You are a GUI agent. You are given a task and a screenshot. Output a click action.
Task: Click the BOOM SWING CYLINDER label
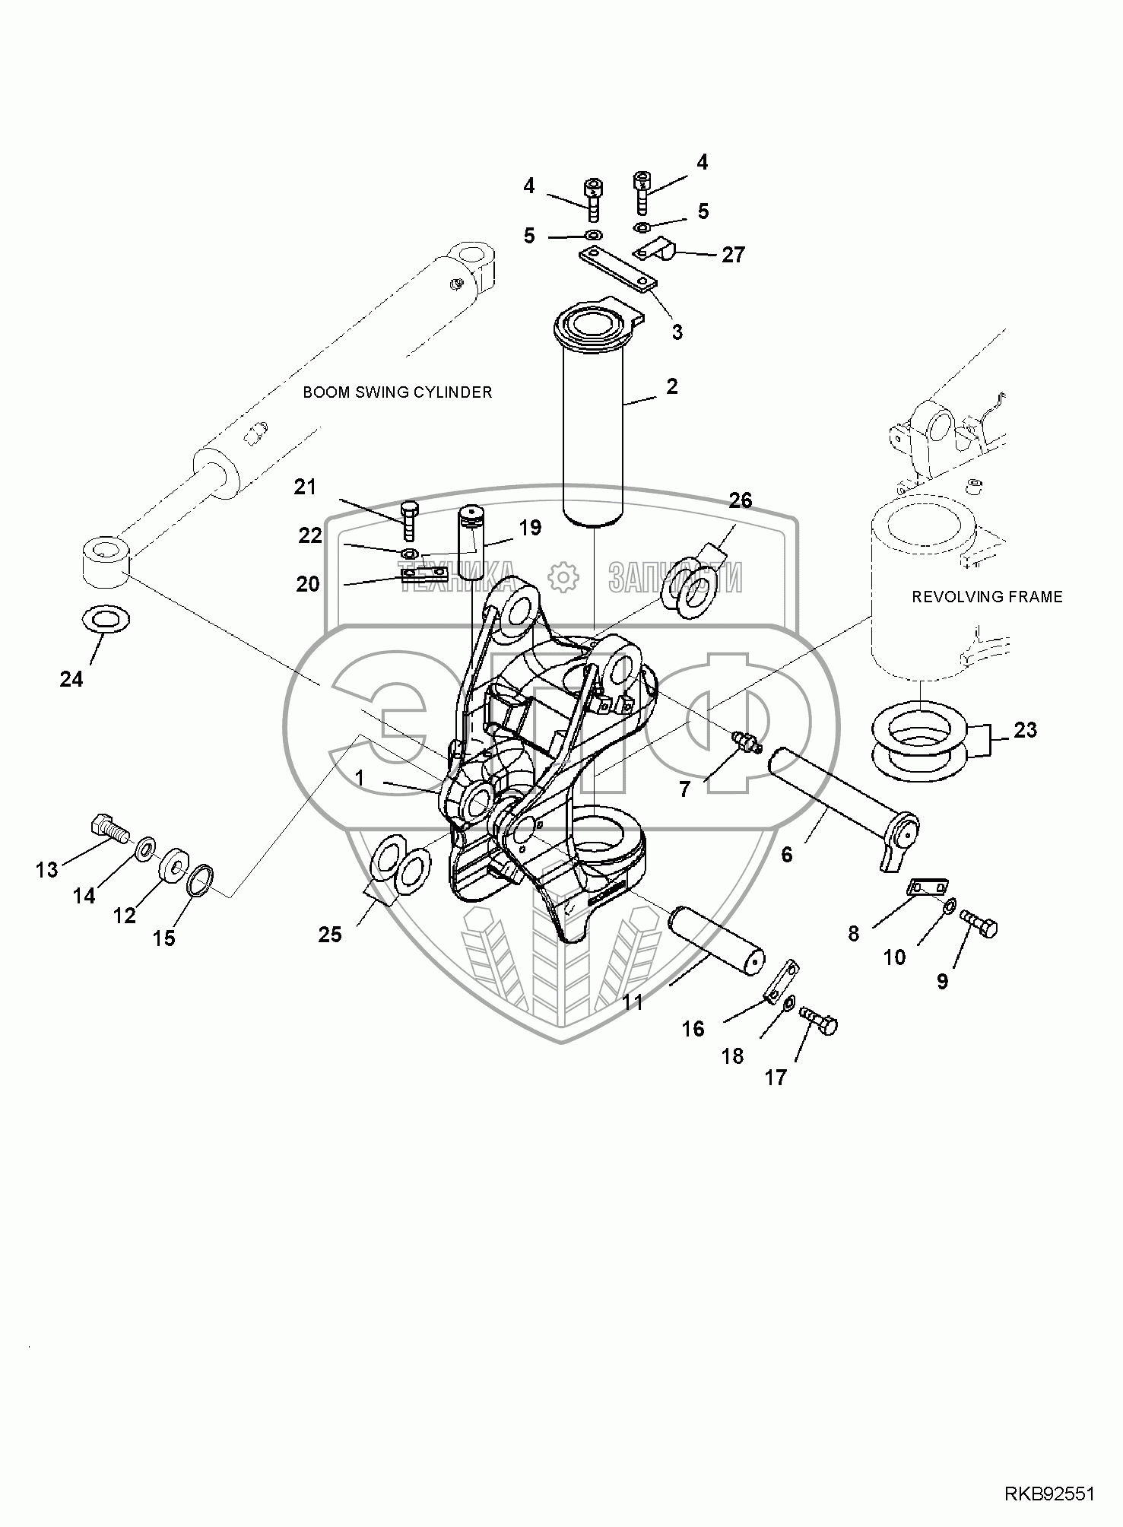pyautogui.click(x=397, y=392)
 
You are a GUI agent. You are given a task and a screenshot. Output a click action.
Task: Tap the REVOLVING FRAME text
pyautogui.click(x=987, y=597)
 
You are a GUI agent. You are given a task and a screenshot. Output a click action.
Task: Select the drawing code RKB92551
pyautogui.click(x=1049, y=1495)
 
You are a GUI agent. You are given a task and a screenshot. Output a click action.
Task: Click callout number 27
pyautogui.click(x=733, y=255)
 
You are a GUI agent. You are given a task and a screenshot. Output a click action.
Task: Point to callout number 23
pyautogui.click(x=1025, y=730)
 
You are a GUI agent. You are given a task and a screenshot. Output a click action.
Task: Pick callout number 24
pyautogui.click(x=71, y=678)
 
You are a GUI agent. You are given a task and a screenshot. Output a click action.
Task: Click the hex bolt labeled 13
pyautogui.click(x=109, y=827)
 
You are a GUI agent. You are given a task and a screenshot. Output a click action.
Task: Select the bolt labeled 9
pyautogui.click(x=979, y=922)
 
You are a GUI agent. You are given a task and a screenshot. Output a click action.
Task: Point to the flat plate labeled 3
pyautogui.click(x=617, y=271)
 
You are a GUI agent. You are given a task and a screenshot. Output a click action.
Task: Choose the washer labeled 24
pyautogui.click(x=104, y=617)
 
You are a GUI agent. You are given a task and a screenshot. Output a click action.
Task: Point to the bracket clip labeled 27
pyautogui.click(x=656, y=249)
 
